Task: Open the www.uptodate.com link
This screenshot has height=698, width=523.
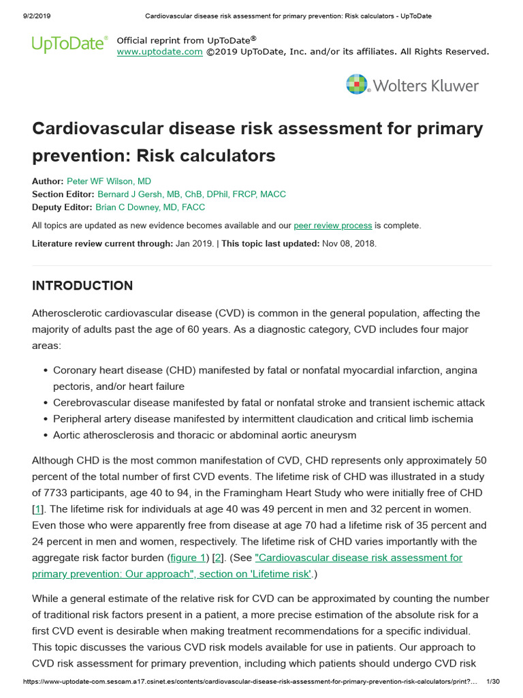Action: click(159, 52)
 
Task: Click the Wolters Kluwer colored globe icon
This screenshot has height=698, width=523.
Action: click(358, 85)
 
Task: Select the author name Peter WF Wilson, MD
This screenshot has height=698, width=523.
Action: click(109, 181)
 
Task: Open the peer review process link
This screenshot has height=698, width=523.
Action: click(332, 226)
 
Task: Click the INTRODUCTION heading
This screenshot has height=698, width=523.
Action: click(82, 286)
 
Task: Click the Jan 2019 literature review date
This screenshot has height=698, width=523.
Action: click(194, 243)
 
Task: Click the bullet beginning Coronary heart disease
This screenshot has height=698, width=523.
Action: click(45, 370)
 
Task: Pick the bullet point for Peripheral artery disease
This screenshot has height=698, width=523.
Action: click(45, 419)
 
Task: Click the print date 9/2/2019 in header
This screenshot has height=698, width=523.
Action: click(25, 16)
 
